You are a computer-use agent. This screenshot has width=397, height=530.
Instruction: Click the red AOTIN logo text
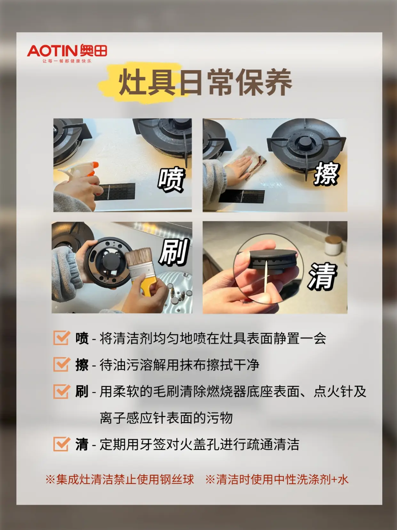pos(53,51)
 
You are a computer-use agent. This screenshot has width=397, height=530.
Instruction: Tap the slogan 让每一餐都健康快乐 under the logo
pos(67,61)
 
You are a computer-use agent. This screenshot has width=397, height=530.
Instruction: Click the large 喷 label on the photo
pos(171,179)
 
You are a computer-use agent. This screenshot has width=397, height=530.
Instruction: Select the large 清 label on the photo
pos(322,276)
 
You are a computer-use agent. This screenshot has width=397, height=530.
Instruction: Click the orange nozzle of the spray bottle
pos(93,169)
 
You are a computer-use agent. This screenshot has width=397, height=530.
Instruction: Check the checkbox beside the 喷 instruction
pos(61,338)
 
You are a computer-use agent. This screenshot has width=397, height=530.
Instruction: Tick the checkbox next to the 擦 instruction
pos(61,364)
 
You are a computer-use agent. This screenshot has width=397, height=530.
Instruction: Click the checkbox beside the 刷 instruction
pos(61,391)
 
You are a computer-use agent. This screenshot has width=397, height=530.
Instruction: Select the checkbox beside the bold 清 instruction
pos(61,444)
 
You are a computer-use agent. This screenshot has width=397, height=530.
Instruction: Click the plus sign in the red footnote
pos(334,480)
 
